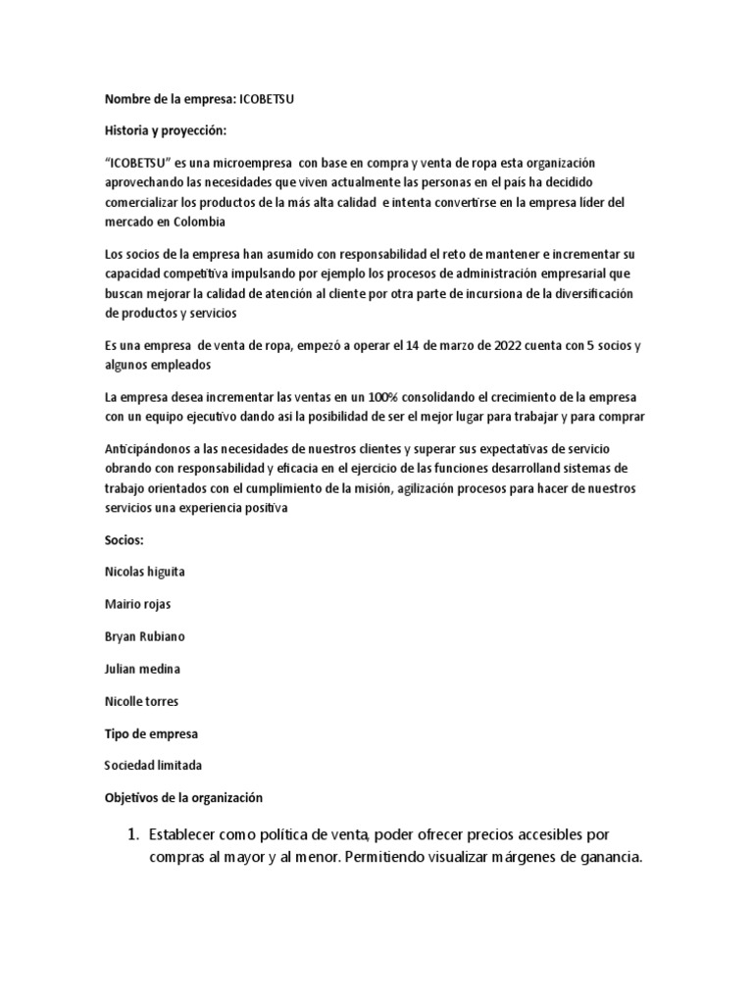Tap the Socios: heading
click(x=124, y=539)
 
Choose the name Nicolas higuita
click(x=144, y=571)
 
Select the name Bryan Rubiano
click(x=143, y=635)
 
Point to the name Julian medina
click(x=141, y=668)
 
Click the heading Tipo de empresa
click(x=151, y=732)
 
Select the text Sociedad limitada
click(x=152, y=765)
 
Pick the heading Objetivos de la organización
click(x=183, y=798)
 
